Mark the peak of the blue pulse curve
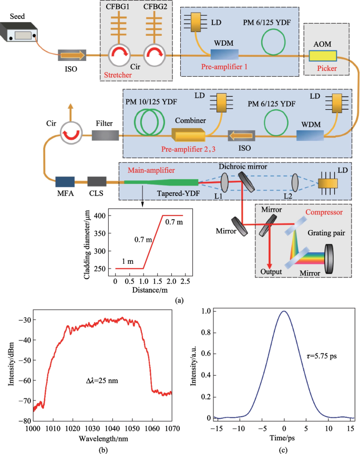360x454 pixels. [x=284, y=311]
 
